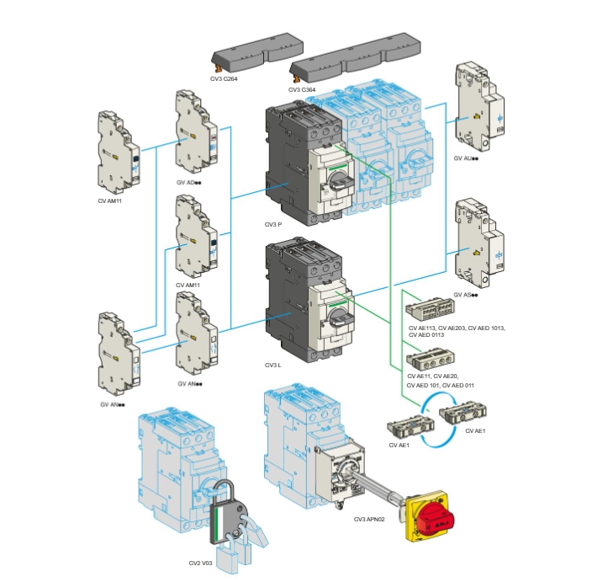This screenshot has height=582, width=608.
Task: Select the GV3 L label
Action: pyautogui.click(x=272, y=365)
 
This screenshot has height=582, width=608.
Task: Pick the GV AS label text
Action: pyautogui.click(x=466, y=295)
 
